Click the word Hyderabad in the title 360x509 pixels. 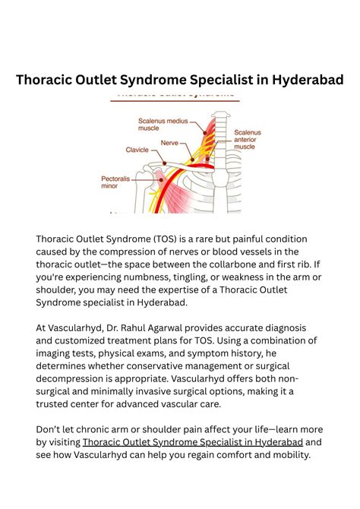coord(303,79)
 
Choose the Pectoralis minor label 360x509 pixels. coord(116,183)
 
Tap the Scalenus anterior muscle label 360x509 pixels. coord(250,139)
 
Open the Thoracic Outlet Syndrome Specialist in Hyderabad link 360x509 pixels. coord(192,441)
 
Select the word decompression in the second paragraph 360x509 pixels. coord(74,378)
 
